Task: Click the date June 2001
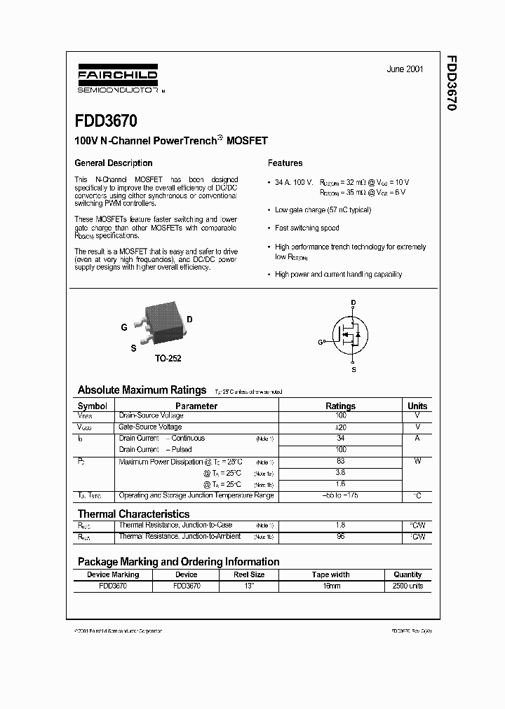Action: pos(405,69)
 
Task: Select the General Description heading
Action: pos(114,163)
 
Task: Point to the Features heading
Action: pos(285,163)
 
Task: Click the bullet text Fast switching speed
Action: pos(307,228)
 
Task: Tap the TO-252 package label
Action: pos(168,358)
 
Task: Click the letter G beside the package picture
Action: pos(124,327)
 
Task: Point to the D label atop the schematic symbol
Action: pos(353,303)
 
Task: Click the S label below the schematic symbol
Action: pos(353,369)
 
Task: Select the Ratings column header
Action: pos(340,406)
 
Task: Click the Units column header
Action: pos(417,406)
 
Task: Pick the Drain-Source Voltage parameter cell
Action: pos(151,415)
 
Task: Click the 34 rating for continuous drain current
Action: pos(340,438)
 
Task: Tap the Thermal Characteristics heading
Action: pos(133,514)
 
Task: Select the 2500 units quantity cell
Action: pos(407,585)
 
